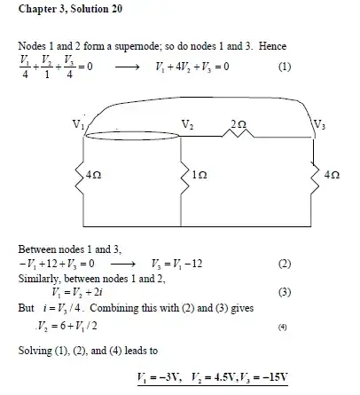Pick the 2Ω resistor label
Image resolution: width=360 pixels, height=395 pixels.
(x=237, y=123)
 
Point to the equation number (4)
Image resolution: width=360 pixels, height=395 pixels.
(x=284, y=326)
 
